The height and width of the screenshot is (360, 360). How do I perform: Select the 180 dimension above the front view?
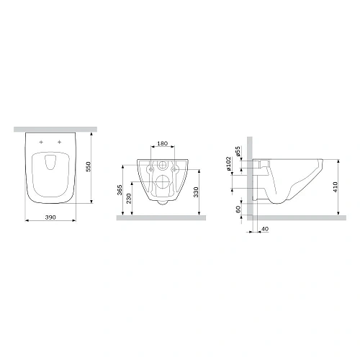[x=162, y=144]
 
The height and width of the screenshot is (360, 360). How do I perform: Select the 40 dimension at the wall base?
[x=265, y=229]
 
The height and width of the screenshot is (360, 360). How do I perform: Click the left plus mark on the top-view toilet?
[x=42, y=143]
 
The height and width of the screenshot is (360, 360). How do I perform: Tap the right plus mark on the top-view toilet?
[x=58, y=143]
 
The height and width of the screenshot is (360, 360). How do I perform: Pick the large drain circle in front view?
[x=162, y=182]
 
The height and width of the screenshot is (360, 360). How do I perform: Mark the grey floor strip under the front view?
[x=162, y=216]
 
